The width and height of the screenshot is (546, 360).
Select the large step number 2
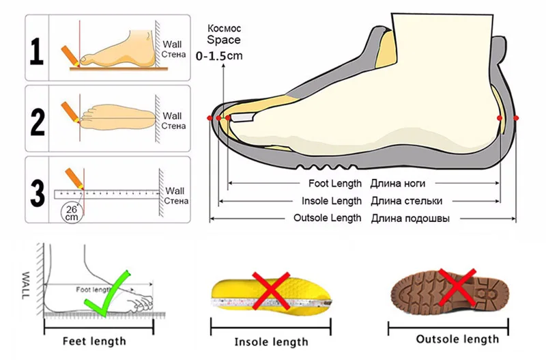(38, 119)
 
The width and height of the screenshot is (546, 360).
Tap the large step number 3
(38, 191)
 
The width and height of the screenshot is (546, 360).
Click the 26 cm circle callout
(71, 212)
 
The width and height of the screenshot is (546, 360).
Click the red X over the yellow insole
(271, 289)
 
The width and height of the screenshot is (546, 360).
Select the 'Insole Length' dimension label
(332, 201)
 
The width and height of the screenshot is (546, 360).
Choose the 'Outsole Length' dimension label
(327, 218)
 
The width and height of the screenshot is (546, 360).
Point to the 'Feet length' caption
(94, 340)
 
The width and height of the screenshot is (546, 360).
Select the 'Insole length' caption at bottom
(272, 341)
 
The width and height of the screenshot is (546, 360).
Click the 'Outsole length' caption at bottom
(457, 340)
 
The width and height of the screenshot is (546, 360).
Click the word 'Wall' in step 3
(175, 191)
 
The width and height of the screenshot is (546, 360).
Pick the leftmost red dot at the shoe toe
(210, 119)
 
